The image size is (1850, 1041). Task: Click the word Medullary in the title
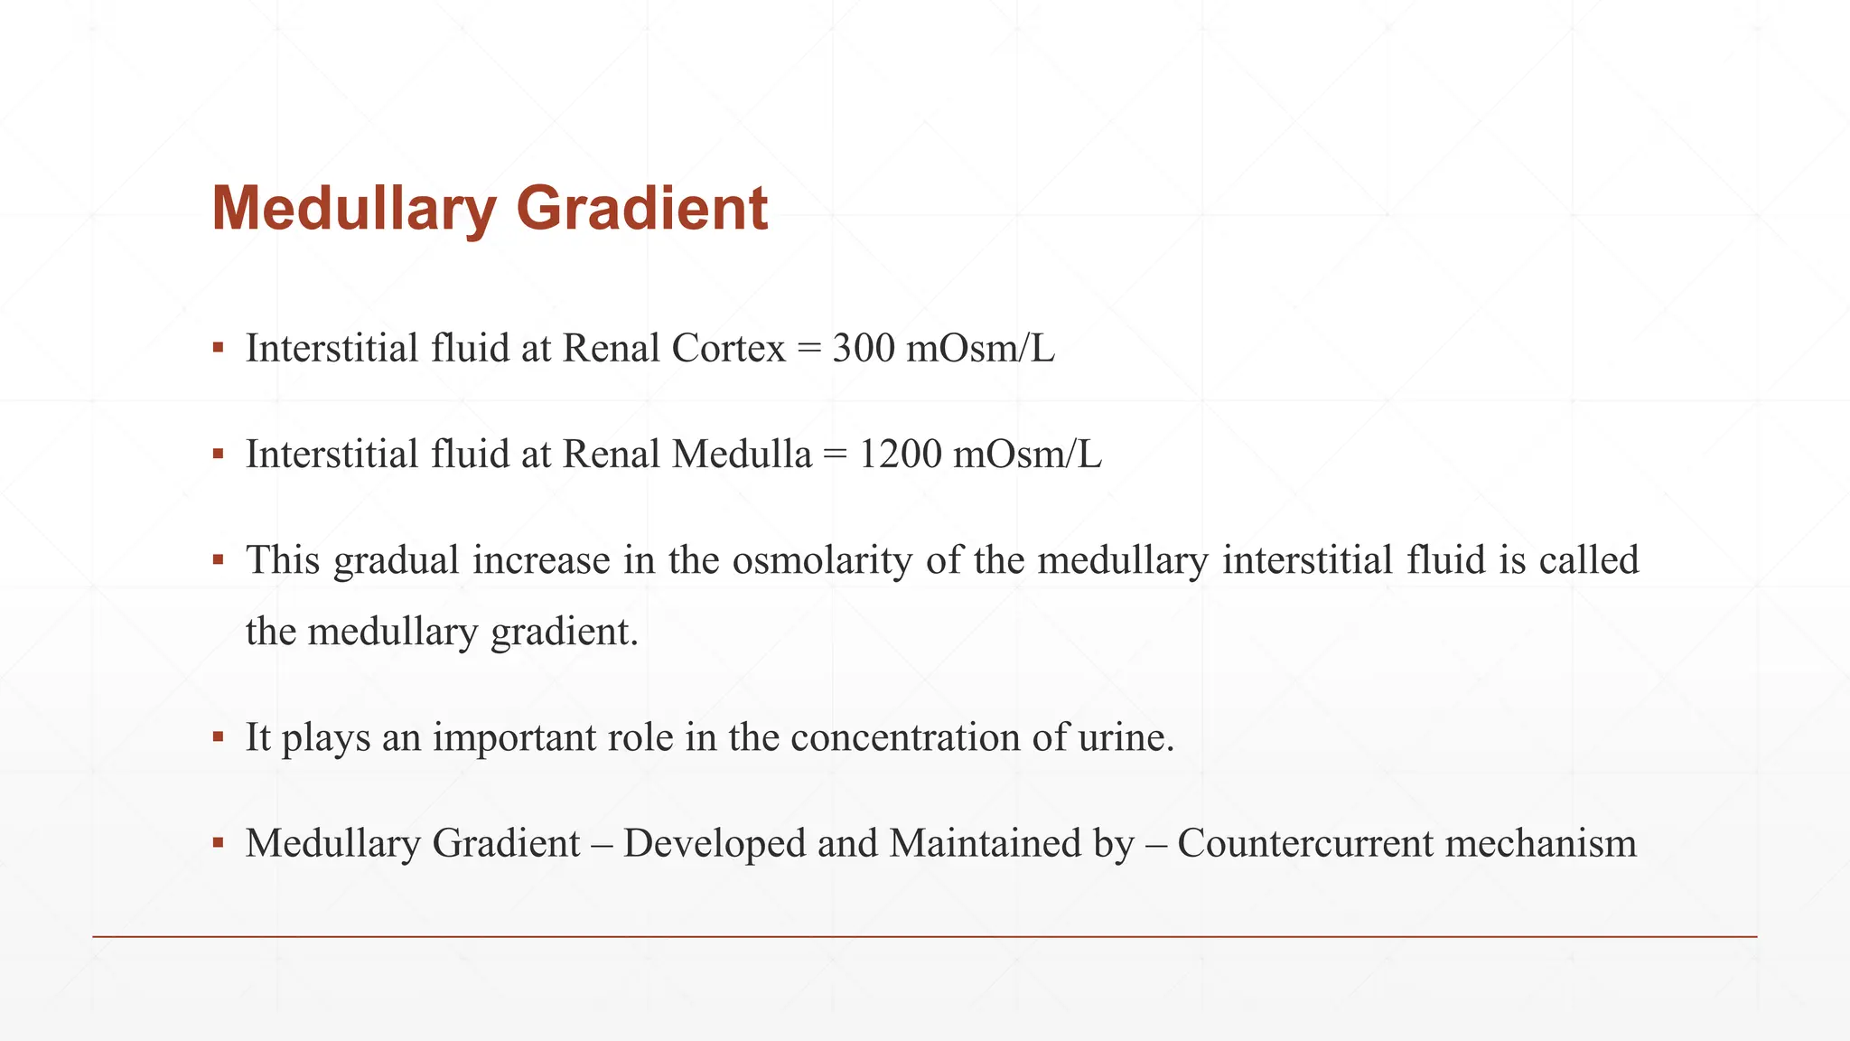click(x=353, y=210)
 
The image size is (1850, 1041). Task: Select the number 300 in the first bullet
click(x=863, y=349)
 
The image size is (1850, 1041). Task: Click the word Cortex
click(x=728, y=349)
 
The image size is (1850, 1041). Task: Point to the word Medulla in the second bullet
click(x=742, y=455)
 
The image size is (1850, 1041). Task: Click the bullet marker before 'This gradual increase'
click(x=218, y=560)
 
